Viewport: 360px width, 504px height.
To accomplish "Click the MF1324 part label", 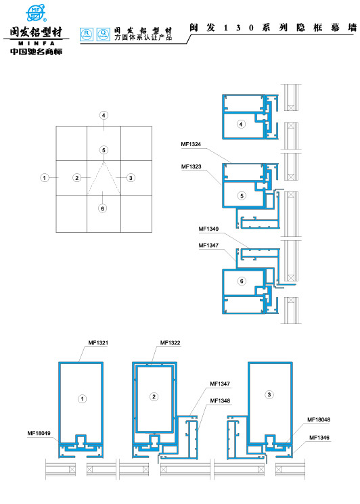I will tap(191, 144).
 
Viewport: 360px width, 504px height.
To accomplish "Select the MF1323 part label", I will tap(191, 166).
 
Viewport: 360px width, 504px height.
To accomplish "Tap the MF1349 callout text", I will tap(209, 229).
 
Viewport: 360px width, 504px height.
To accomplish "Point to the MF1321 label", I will tap(98, 343).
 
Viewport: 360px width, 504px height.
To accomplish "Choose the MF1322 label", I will tap(171, 343).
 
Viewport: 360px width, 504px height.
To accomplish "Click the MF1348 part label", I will tap(220, 400).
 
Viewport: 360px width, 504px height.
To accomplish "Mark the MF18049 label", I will tap(39, 433).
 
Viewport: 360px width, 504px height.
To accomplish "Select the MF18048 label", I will tap(319, 419).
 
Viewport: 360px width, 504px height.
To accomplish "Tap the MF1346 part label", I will tap(319, 437).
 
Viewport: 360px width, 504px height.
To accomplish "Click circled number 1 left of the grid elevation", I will tap(44, 178).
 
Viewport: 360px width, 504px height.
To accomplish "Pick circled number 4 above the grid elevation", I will tap(104, 116).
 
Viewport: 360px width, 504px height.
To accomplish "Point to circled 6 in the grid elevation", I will tap(102, 208).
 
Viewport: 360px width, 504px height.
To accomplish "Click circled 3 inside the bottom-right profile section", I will tap(269, 394).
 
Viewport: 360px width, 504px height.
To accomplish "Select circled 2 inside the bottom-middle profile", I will tap(154, 396).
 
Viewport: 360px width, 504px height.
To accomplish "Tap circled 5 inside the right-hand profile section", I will tap(242, 196).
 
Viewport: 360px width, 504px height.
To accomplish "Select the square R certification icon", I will tap(85, 32).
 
